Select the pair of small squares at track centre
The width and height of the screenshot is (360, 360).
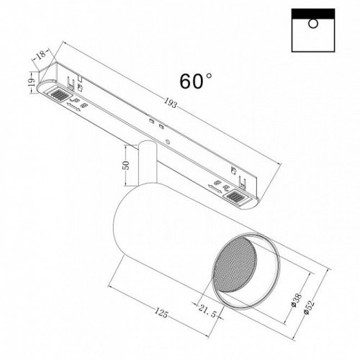coord(152,122)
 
